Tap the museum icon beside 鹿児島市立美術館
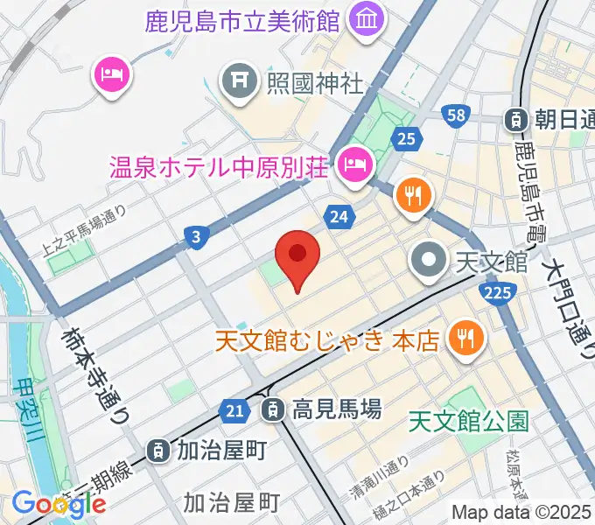[361, 17]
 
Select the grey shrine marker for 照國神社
[238, 83]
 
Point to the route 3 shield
[198, 235]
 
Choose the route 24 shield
[339, 215]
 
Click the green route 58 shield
[454, 115]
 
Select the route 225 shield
[496, 294]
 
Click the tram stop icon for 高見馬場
[273, 408]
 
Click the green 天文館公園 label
[470, 422]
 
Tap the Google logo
[59, 504]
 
